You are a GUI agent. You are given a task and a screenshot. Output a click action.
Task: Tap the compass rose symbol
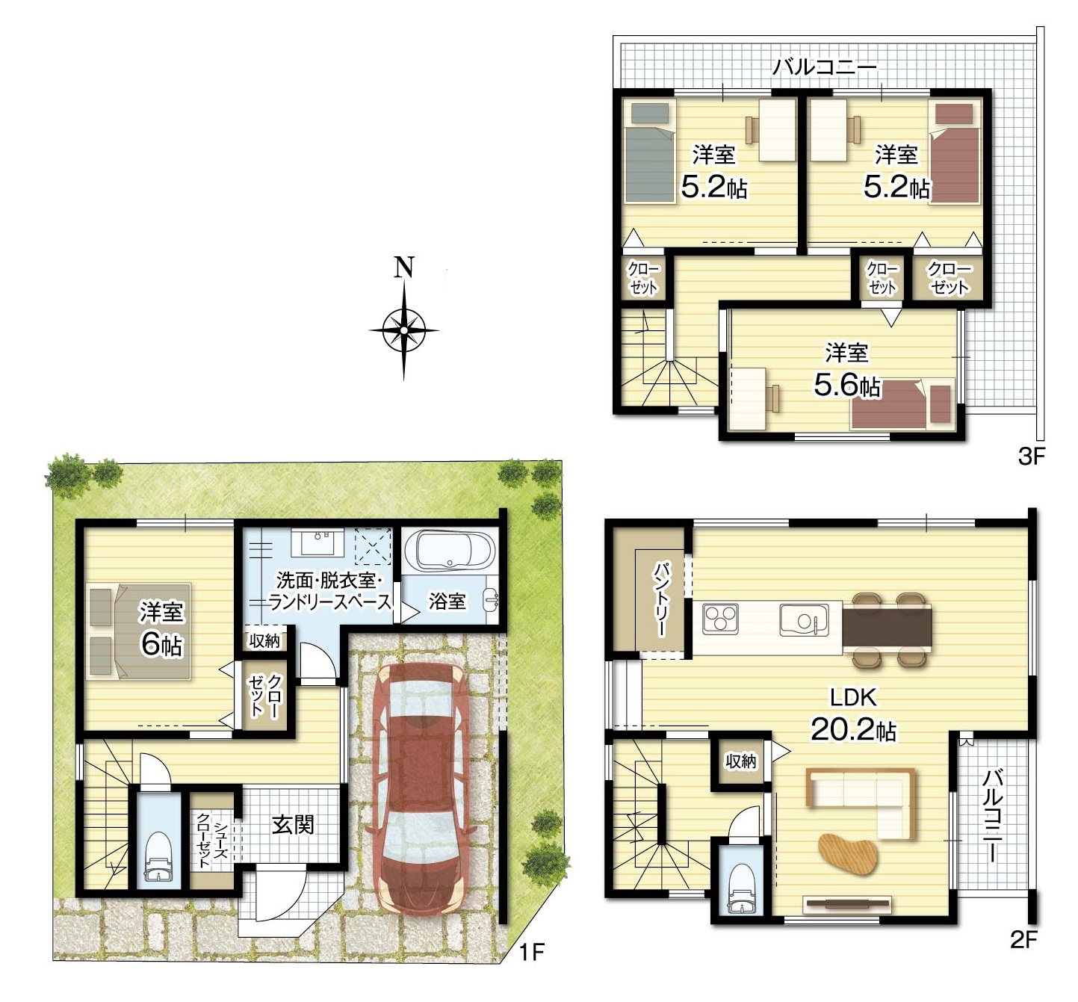pos(404,330)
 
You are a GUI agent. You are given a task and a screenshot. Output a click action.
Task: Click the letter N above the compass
pos(404,267)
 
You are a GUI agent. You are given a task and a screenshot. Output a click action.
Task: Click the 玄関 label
pos(293,825)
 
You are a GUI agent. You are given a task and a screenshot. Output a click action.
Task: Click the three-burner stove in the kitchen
pos(721,619)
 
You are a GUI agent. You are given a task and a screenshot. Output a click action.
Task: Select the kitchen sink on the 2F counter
pos(804,619)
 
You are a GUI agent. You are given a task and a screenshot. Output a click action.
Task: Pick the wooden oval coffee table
pos(848,854)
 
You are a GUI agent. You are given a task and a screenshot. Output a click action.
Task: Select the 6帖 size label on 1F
pos(162,645)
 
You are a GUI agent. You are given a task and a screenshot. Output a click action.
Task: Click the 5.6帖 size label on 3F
pos(846,386)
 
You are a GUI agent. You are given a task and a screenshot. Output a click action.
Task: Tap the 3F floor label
pos(1032,457)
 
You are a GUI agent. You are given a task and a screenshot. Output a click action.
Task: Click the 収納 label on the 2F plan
pos(741,761)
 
